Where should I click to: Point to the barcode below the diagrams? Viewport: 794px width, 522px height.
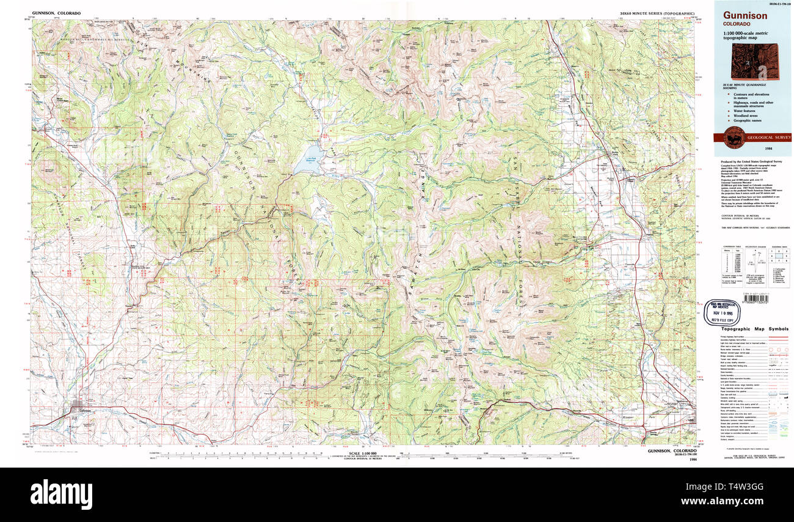(748, 298)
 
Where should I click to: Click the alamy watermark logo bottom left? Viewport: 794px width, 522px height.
(62, 493)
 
